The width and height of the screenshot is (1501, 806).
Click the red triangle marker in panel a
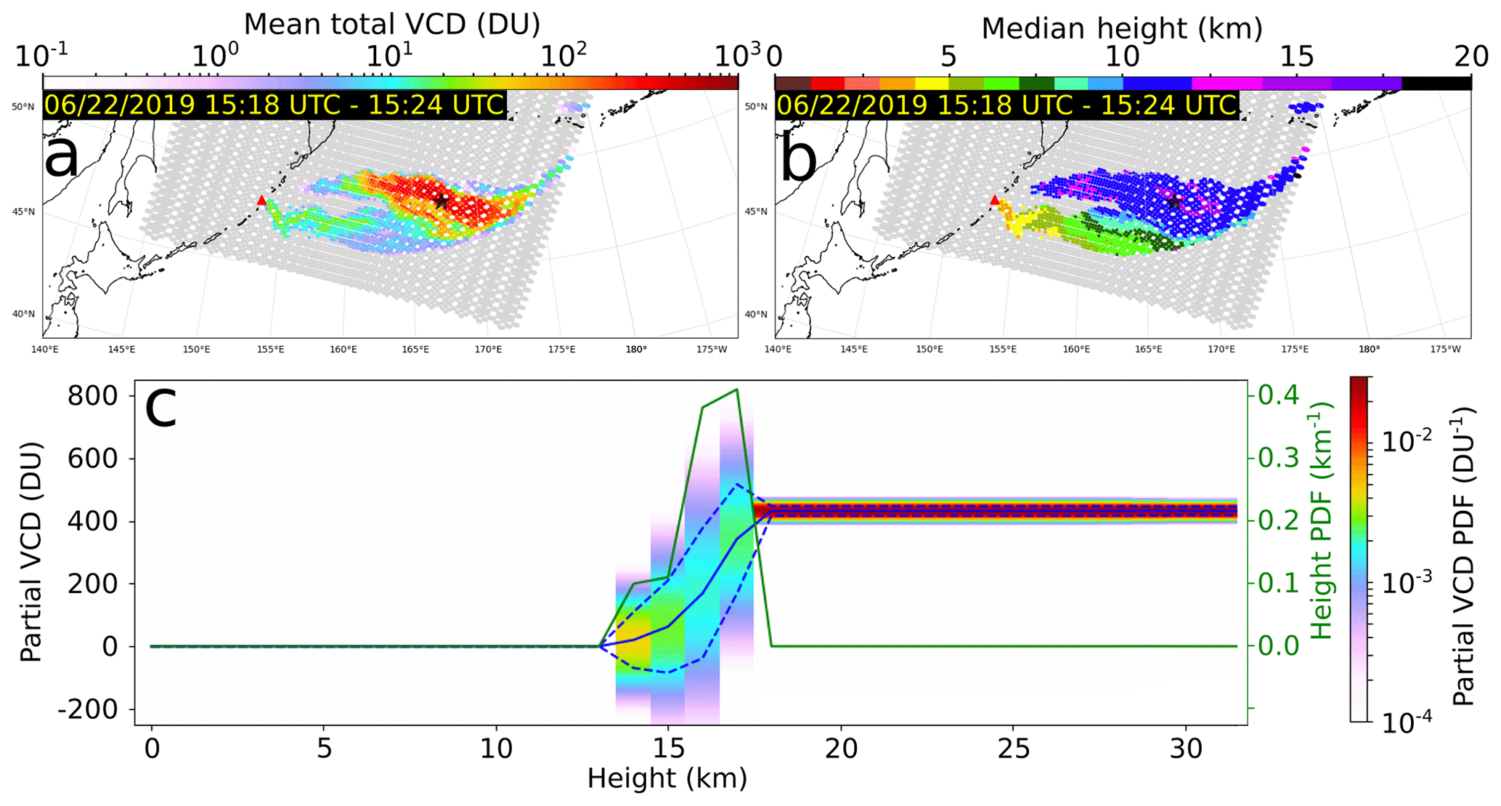tap(261, 200)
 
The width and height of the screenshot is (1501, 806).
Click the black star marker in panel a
tap(441, 201)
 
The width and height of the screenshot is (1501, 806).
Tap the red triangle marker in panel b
tap(995, 200)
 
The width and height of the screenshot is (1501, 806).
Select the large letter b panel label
tap(798, 160)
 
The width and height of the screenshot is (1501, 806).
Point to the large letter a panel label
tap(62, 156)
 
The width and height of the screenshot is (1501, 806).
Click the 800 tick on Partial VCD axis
tap(94, 396)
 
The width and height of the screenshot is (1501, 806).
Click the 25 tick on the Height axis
tap(1014, 749)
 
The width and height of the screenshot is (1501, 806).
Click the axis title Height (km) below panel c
tap(667, 778)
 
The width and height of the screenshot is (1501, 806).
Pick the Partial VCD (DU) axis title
tap(31, 552)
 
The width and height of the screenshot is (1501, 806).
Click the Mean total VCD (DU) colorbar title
tap(391, 25)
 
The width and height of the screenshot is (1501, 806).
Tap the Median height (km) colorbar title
tap(1122, 28)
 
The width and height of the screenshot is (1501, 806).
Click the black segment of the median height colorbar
tap(1436, 84)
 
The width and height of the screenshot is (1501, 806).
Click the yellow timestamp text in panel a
tap(274, 105)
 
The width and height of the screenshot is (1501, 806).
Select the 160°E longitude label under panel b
tap(1076, 350)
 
